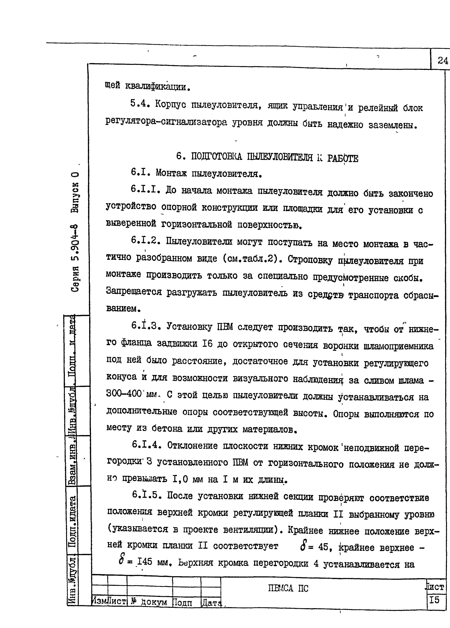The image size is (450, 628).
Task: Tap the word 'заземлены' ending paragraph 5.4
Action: point(392,125)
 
